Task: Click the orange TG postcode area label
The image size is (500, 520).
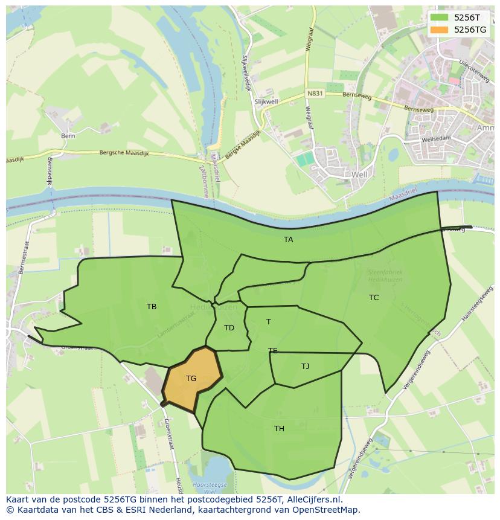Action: click(191, 379)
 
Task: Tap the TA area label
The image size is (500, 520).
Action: click(288, 240)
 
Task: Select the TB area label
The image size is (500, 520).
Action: click(152, 307)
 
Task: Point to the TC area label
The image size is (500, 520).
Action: click(374, 297)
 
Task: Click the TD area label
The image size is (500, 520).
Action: click(229, 328)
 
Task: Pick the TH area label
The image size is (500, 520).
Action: click(279, 429)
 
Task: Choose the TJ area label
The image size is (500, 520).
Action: click(305, 367)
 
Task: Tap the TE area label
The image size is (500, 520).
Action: click(273, 350)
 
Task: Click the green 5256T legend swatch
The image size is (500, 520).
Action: click(439, 18)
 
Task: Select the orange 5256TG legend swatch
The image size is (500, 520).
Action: click(439, 29)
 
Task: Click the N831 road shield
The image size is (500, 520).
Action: click(315, 94)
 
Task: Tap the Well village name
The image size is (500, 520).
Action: click(359, 175)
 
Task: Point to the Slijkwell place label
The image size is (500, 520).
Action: click(266, 103)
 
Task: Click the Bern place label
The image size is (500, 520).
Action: click(68, 136)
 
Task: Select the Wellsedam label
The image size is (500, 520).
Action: click(436, 138)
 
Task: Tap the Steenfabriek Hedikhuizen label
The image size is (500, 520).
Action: click(385, 276)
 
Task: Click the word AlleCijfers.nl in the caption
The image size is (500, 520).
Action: click(316, 500)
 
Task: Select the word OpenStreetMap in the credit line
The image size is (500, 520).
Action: click(327, 510)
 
